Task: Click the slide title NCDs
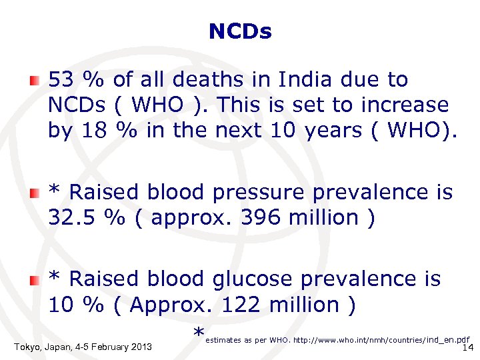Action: (x=240, y=31)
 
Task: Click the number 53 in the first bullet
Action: (x=61, y=80)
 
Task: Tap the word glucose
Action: (x=253, y=279)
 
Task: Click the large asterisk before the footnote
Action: (x=198, y=334)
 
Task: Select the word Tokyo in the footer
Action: (x=27, y=347)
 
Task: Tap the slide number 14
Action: (x=467, y=347)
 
